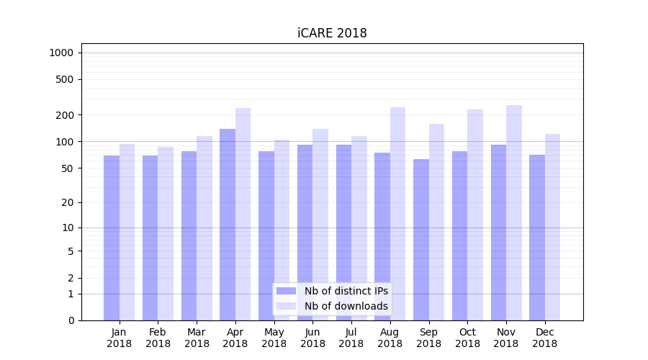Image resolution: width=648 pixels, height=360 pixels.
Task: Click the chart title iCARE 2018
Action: (x=332, y=33)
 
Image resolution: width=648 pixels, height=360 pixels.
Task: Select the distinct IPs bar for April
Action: (x=228, y=224)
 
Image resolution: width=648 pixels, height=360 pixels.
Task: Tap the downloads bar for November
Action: (x=513, y=212)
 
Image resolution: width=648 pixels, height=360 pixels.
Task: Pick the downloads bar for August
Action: (x=397, y=213)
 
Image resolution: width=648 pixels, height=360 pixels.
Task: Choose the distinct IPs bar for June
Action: (x=305, y=232)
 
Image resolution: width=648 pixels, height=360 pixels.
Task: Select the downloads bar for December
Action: (x=552, y=227)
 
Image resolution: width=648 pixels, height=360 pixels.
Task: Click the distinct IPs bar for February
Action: (x=150, y=238)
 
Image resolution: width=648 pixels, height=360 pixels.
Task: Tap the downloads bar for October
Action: (x=475, y=215)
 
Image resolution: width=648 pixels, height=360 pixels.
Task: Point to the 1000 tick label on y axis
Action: (x=61, y=53)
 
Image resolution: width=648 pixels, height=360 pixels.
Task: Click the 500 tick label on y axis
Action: (x=66, y=79)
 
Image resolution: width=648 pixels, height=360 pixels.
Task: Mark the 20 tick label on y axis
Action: (x=68, y=202)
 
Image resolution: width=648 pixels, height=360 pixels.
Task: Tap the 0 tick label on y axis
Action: (x=71, y=320)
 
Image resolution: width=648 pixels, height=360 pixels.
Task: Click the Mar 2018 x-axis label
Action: (x=197, y=338)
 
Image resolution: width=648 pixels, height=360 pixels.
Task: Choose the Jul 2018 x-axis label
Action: (x=351, y=338)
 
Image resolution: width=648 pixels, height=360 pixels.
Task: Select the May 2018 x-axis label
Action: (x=274, y=338)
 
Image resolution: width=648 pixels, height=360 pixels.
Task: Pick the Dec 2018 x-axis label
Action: (x=544, y=338)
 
